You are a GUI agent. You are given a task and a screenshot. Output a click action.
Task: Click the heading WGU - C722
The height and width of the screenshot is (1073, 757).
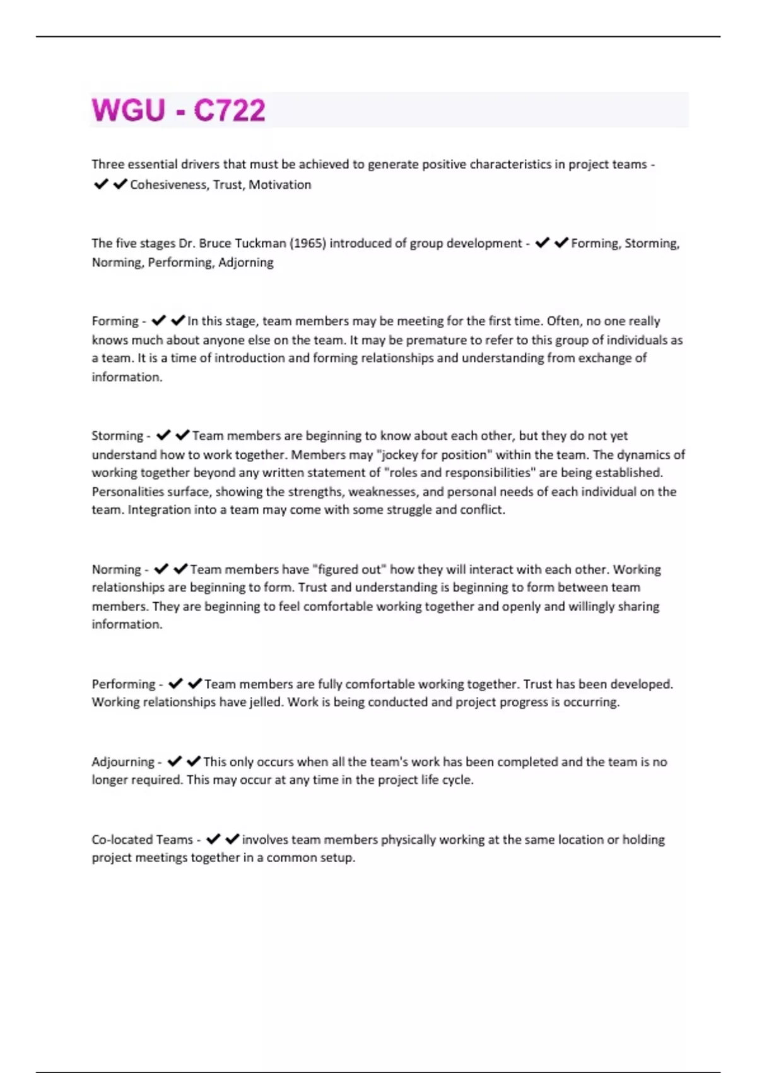[x=179, y=110]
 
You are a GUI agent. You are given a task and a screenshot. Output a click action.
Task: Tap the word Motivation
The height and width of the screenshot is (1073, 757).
[x=280, y=185]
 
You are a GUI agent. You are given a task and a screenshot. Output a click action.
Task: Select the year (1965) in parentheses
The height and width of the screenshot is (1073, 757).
[x=307, y=244]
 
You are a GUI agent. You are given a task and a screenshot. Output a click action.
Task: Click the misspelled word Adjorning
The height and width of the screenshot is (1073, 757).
[x=245, y=263]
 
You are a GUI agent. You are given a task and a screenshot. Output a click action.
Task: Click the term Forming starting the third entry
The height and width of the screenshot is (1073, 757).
[x=115, y=321]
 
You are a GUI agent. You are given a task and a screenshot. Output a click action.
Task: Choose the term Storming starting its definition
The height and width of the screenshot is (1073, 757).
[x=117, y=436]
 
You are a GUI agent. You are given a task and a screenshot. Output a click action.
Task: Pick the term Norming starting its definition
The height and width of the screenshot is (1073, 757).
[x=116, y=569]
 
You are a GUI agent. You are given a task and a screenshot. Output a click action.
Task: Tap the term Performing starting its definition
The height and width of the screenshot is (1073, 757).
[x=124, y=684]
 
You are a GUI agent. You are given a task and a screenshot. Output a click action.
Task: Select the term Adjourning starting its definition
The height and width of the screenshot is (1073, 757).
[x=123, y=762]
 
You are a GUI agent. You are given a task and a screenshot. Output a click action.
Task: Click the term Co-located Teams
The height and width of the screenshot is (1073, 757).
[x=142, y=840]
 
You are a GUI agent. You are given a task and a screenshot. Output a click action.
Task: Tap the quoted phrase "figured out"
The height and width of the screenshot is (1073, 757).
[x=349, y=569]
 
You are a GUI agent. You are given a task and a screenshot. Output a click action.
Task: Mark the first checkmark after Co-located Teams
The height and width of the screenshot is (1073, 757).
[x=213, y=839]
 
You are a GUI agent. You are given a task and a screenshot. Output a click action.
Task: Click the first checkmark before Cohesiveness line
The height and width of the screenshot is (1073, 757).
[x=101, y=184]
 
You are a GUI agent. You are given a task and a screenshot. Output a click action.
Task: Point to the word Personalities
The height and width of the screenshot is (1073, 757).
[x=128, y=492]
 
